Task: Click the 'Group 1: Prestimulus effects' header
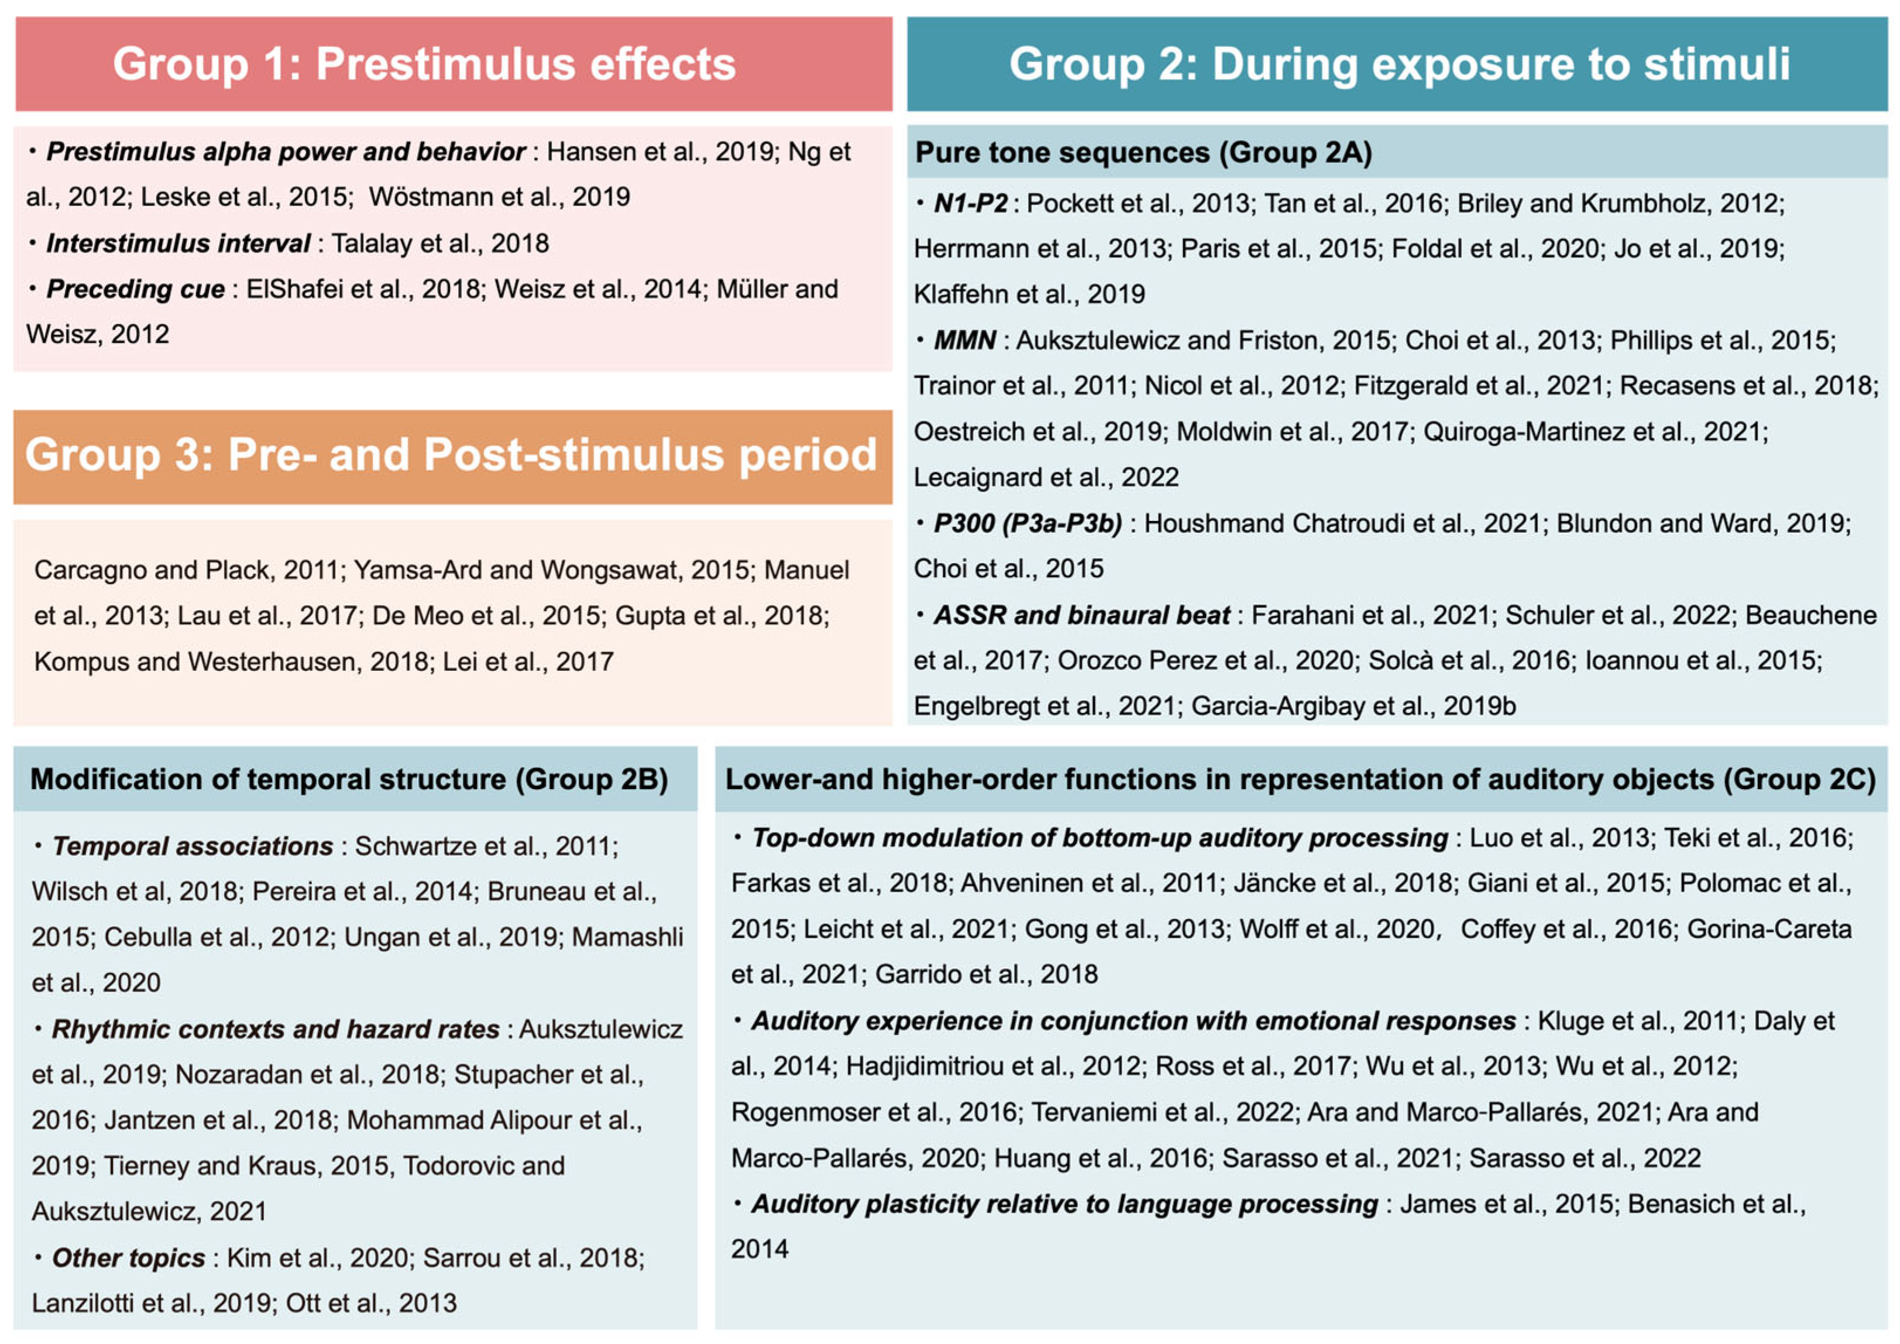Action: tap(424, 64)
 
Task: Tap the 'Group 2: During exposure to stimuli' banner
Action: tap(1399, 64)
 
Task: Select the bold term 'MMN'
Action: tap(964, 340)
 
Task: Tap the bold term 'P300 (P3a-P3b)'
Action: tap(1027, 523)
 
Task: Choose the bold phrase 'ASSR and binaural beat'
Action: tap(1081, 615)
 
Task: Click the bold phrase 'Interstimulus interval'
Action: tap(178, 244)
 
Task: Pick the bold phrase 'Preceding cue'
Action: tap(135, 289)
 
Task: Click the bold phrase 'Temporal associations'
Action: tap(192, 846)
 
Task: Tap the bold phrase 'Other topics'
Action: tap(128, 1258)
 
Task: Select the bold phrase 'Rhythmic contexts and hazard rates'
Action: tap(275, 1028)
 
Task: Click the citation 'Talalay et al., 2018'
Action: tap(440, 244)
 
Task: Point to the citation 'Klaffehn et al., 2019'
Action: tap(1029, 294)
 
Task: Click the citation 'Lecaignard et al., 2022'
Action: tap(1045, 478)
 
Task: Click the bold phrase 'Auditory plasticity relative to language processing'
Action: tap(1064, 1204)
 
